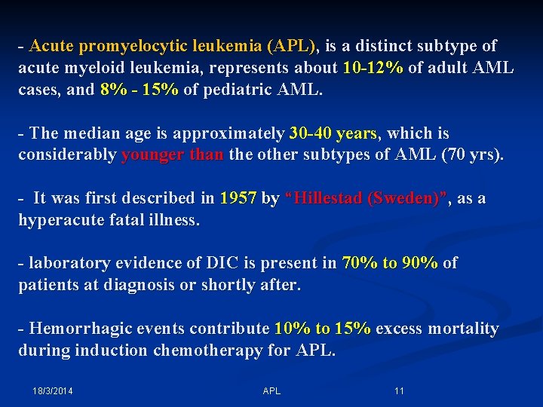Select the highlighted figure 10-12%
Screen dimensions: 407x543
[373, 69]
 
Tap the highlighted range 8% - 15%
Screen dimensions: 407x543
[139, 90]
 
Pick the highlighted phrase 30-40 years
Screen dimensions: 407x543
[332, 134]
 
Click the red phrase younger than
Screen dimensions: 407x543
[172, 155]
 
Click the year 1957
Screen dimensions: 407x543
[238, 199]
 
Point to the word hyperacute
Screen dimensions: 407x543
[63, 221]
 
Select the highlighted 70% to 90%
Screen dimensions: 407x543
[389, 264]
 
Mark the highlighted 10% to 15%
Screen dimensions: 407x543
[322, 329]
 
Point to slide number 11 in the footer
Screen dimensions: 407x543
[399, 391]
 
